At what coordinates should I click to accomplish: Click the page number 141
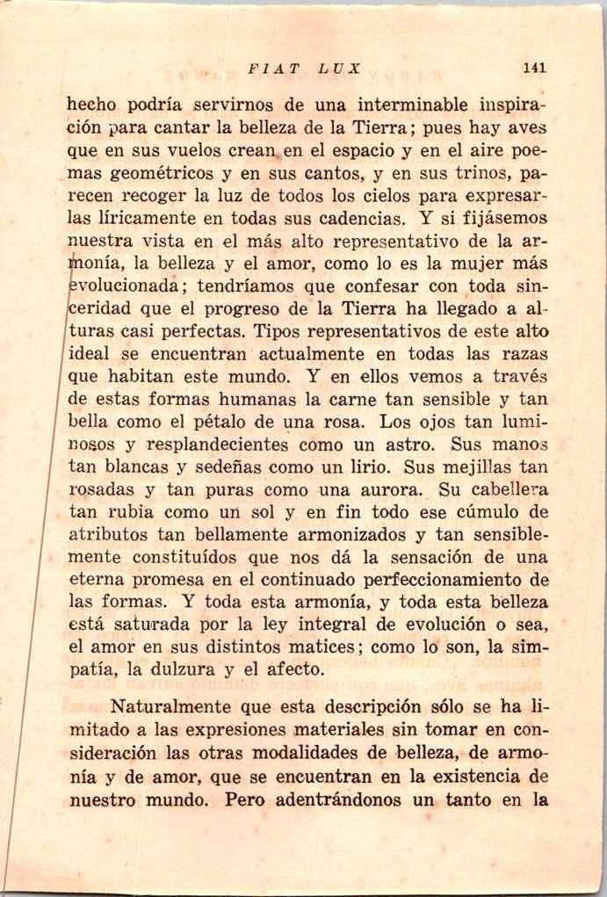(534, 68)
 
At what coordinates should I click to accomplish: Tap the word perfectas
(206, 332)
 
